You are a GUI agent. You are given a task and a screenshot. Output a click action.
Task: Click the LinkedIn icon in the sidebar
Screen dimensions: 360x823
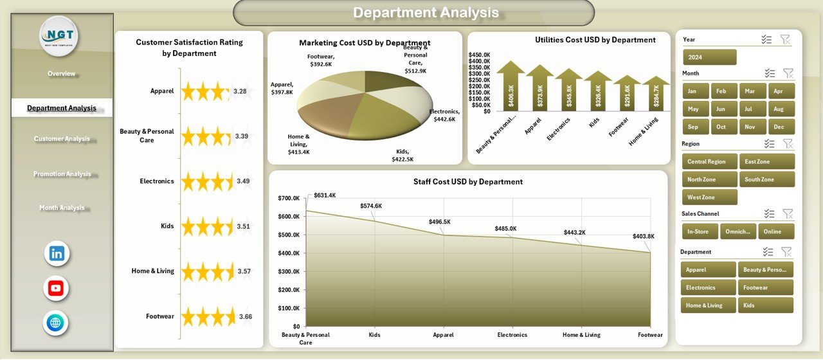pos(57,253)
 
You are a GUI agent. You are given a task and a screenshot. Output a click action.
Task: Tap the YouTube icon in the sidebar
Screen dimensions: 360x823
pos(56,288)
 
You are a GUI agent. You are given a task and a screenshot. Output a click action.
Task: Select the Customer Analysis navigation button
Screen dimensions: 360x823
pos(62,139)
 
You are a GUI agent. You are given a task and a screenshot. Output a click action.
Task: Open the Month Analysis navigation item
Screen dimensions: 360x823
pos(62,208)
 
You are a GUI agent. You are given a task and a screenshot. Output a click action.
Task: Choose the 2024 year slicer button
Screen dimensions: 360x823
pos(709,57)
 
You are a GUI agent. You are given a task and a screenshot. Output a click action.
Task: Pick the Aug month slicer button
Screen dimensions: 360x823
pos(779,109)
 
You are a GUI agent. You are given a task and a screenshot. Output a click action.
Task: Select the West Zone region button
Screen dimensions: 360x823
pos(709,197)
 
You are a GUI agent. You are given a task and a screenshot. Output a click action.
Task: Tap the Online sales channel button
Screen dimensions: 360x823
pos(775,231)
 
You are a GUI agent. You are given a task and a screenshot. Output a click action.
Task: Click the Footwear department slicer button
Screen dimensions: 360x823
pos(766,287)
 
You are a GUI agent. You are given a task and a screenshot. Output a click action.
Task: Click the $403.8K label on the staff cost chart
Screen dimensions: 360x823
pos(643,236)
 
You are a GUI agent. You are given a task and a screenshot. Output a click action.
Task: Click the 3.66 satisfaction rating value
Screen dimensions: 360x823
pos(246,316)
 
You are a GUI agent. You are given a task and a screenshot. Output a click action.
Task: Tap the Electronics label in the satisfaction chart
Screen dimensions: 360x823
pos(157,181)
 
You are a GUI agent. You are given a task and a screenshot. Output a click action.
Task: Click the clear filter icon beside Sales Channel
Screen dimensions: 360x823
pos(788,213)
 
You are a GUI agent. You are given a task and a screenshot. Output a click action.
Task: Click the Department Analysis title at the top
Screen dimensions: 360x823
pos(426,12)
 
